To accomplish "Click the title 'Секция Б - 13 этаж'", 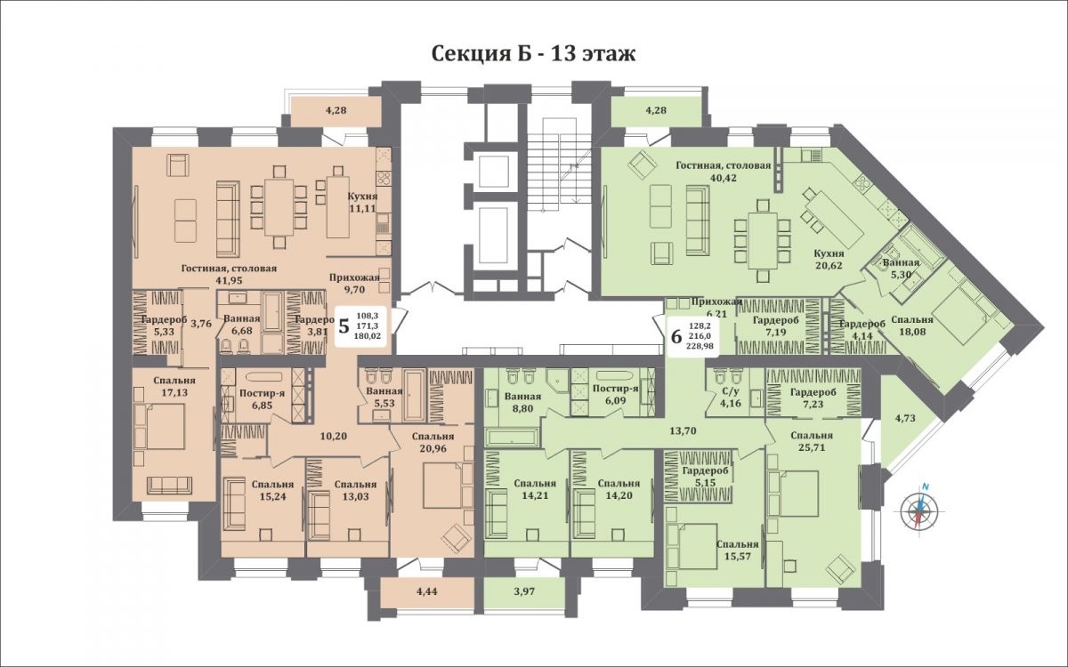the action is pos(533,54).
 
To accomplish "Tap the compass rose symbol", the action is pos(922,510).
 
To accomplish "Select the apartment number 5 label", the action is pos(344,325).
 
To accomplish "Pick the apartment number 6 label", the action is pos(676,336).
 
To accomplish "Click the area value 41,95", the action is pos(229,280).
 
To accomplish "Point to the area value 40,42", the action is pos(724,178).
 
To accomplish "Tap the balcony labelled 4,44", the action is pos(427,591).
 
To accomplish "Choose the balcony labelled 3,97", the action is pos(524,591).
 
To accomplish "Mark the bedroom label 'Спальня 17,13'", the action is pos(174,386).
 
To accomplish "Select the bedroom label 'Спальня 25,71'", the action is pos(812,442).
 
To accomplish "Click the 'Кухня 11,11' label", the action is pos(362,202).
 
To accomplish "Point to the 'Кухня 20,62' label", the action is pos(829,259).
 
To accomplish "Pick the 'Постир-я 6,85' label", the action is pos(262,399).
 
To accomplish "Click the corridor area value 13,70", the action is pos(683,431).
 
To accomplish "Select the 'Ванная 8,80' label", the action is pos(522,402).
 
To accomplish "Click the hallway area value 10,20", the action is pos(333,436).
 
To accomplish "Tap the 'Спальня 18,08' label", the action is pos(912,325).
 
